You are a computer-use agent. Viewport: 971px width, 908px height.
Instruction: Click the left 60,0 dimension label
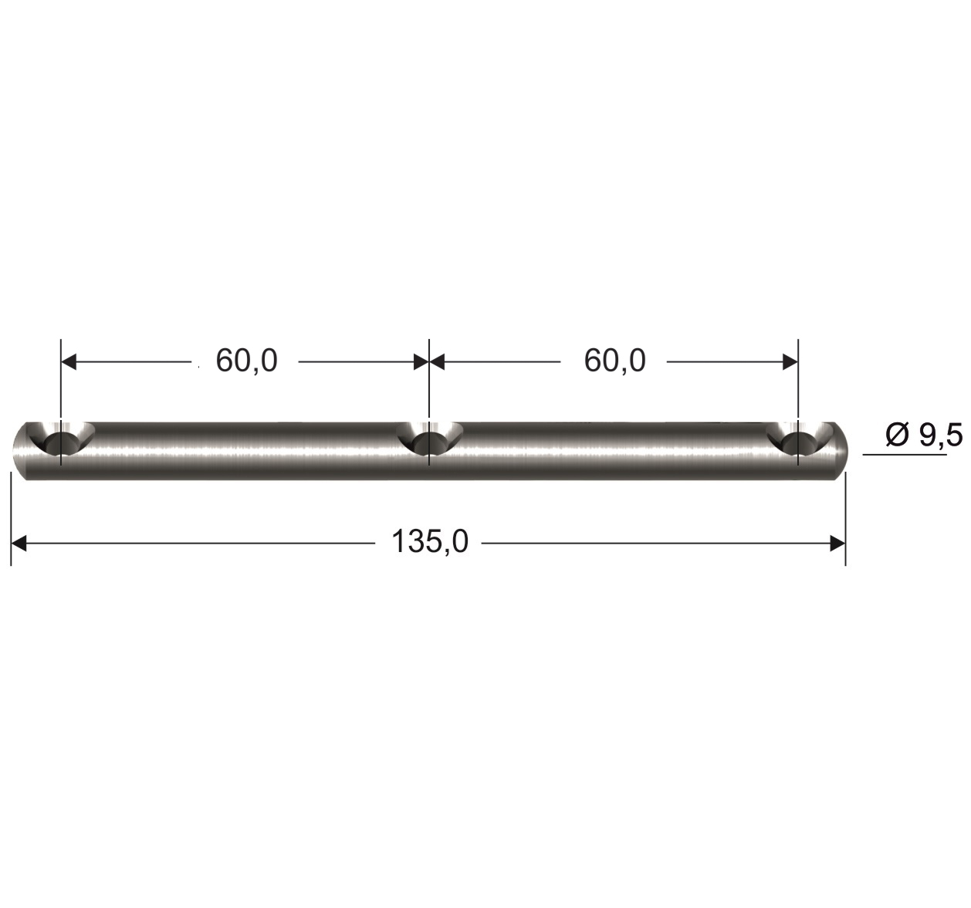246,361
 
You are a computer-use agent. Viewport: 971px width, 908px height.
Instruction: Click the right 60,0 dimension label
614,361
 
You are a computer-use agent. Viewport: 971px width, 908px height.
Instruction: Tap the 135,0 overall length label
430,542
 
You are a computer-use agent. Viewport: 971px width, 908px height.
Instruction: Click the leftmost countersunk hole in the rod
61,439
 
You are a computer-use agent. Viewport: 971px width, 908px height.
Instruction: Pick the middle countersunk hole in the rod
429,439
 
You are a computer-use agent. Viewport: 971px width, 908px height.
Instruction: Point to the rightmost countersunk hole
798,439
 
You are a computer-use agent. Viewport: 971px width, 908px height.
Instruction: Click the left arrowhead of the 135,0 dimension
19,543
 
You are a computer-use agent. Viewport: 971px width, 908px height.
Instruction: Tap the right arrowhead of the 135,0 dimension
837,543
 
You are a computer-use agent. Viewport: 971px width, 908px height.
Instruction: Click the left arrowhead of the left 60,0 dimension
69,363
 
